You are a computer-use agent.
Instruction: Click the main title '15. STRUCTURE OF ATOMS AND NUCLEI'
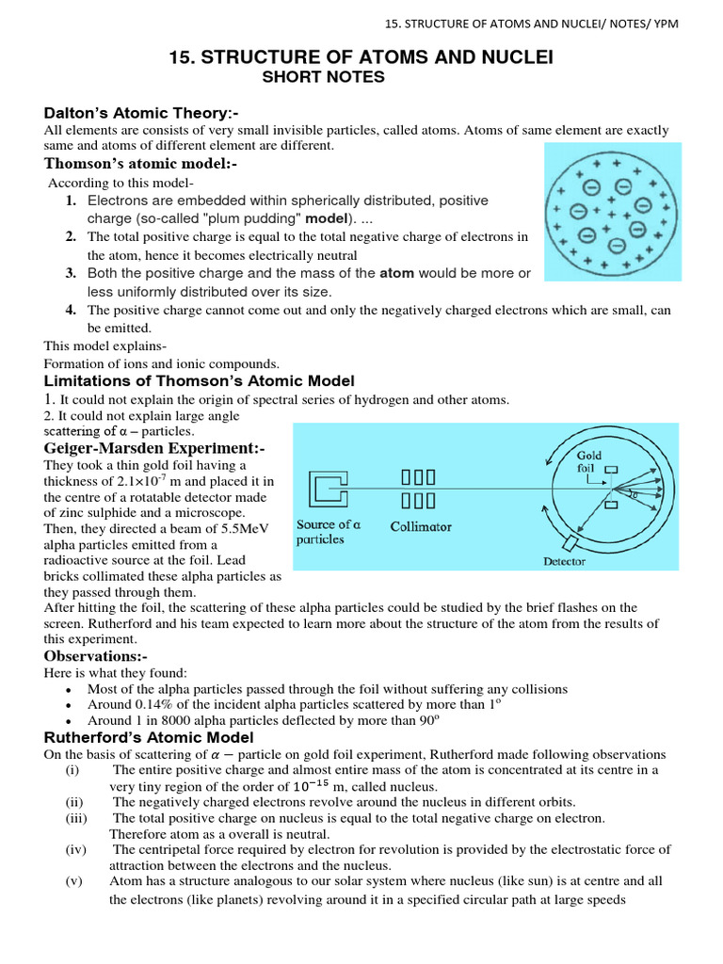(361, 58)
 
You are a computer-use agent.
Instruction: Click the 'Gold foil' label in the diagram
(589, 462)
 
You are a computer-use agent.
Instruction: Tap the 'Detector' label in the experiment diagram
(564, 561)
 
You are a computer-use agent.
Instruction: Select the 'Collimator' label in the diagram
(421, 527)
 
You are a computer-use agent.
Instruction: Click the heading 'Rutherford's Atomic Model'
(149, 737)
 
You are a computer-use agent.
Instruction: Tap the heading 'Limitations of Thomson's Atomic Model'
(200, 380)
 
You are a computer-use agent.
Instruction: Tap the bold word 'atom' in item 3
(397, 273)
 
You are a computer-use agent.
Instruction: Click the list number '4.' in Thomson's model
(71, 310)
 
